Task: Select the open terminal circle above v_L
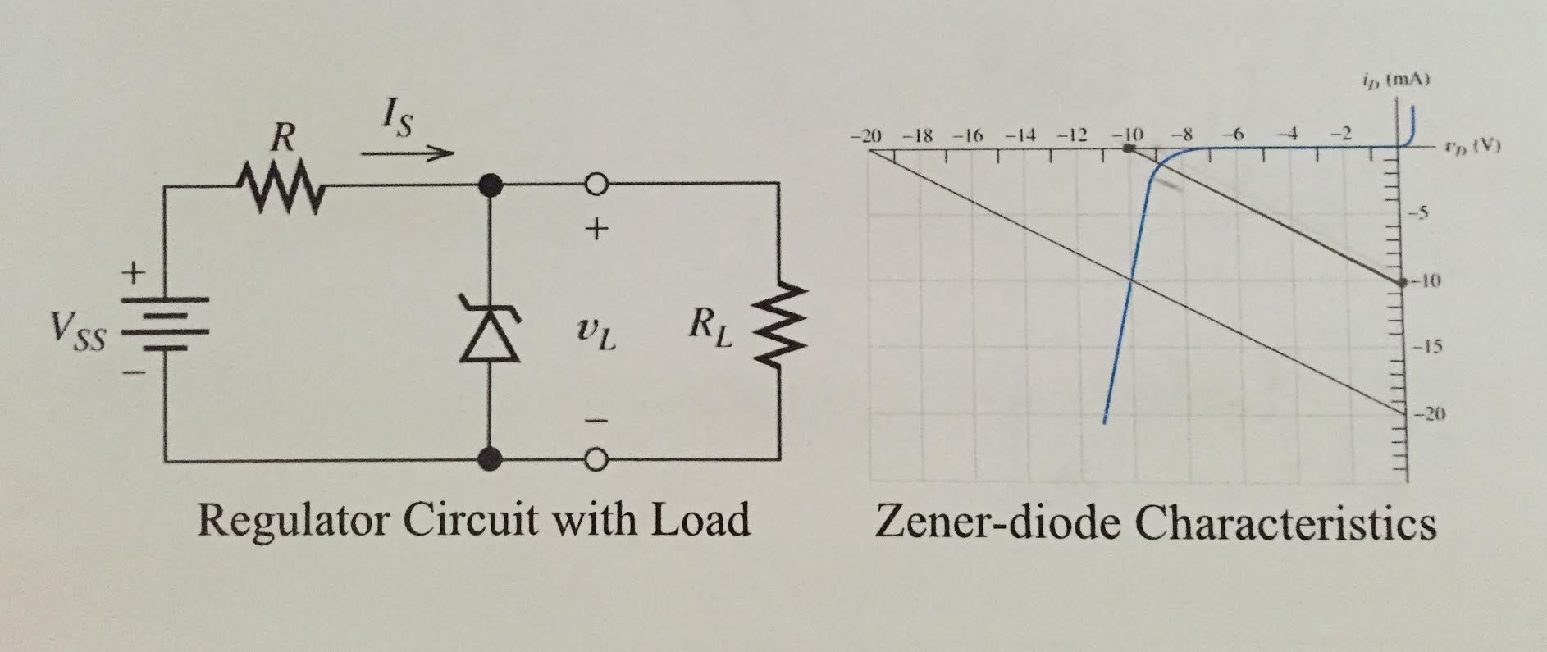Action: tap(596, 185)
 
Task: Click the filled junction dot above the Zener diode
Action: tap(491, 185)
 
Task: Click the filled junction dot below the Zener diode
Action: tap(491, 459)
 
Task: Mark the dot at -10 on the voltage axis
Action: tap(1129, 149)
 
